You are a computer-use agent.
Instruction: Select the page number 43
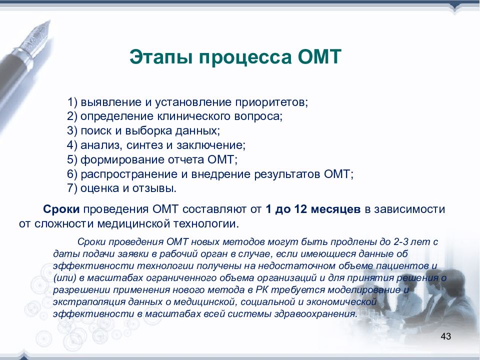[x=445, y=336]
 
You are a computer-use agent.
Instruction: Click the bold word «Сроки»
[x=61, y=209]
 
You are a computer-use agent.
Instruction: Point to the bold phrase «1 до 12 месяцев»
[x=313, y=209]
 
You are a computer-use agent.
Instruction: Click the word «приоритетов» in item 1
[x=271, y=102]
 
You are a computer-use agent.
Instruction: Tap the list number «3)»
[x=72, y=130]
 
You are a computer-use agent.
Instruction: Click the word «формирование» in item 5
[x=122, y=160]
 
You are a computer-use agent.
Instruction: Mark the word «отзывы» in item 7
[x=154, y=188]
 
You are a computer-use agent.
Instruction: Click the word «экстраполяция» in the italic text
[x=89, y=302]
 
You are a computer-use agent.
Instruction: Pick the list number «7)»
[x=72, y=188]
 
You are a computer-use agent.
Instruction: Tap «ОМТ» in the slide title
[x=319, y=57]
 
